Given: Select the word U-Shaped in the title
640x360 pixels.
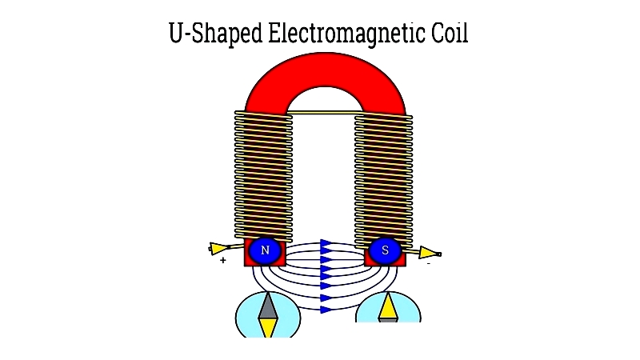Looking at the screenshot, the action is pyautogui.click(x=215, y=34).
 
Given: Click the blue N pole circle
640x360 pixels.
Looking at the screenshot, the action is pyautogui.click(x=265, y=250).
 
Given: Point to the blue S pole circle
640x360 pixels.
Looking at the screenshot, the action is pyautogui.click(x=385, y=250).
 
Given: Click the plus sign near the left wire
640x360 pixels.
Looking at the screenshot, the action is pyautogui.click(x=223, y=260).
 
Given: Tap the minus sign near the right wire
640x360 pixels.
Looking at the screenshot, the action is pyautogui.click(x=429, y=264).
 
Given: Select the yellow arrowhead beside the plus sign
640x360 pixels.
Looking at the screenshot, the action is pyautogui.click(x=218, y=248).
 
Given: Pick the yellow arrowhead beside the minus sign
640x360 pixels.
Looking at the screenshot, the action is pyautogui.click(x=430, y=253).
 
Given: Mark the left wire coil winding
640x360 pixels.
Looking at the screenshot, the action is pyautogui.click(x=263, y=176).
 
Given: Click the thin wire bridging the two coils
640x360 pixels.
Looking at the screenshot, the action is pyautogui.click(x=324, y=112).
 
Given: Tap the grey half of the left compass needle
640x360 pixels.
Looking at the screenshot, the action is pyautogui.click(x=268, y=306).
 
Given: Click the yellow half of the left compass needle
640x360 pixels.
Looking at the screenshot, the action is pyautogui.click(x=268, y=328).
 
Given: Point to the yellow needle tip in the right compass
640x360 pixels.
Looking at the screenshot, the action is pyautogui.click(x=387, y=306).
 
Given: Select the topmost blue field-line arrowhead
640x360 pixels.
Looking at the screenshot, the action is pyautogui.click(x=326, y=245).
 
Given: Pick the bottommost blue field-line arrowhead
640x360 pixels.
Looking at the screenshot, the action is pyautogui.click(x=326, y=310).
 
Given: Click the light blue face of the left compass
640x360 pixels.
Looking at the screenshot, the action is pyautogui.click(x=268, y=314).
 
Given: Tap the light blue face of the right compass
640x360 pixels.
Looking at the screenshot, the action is pyautogui.click(x=388, y=307).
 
